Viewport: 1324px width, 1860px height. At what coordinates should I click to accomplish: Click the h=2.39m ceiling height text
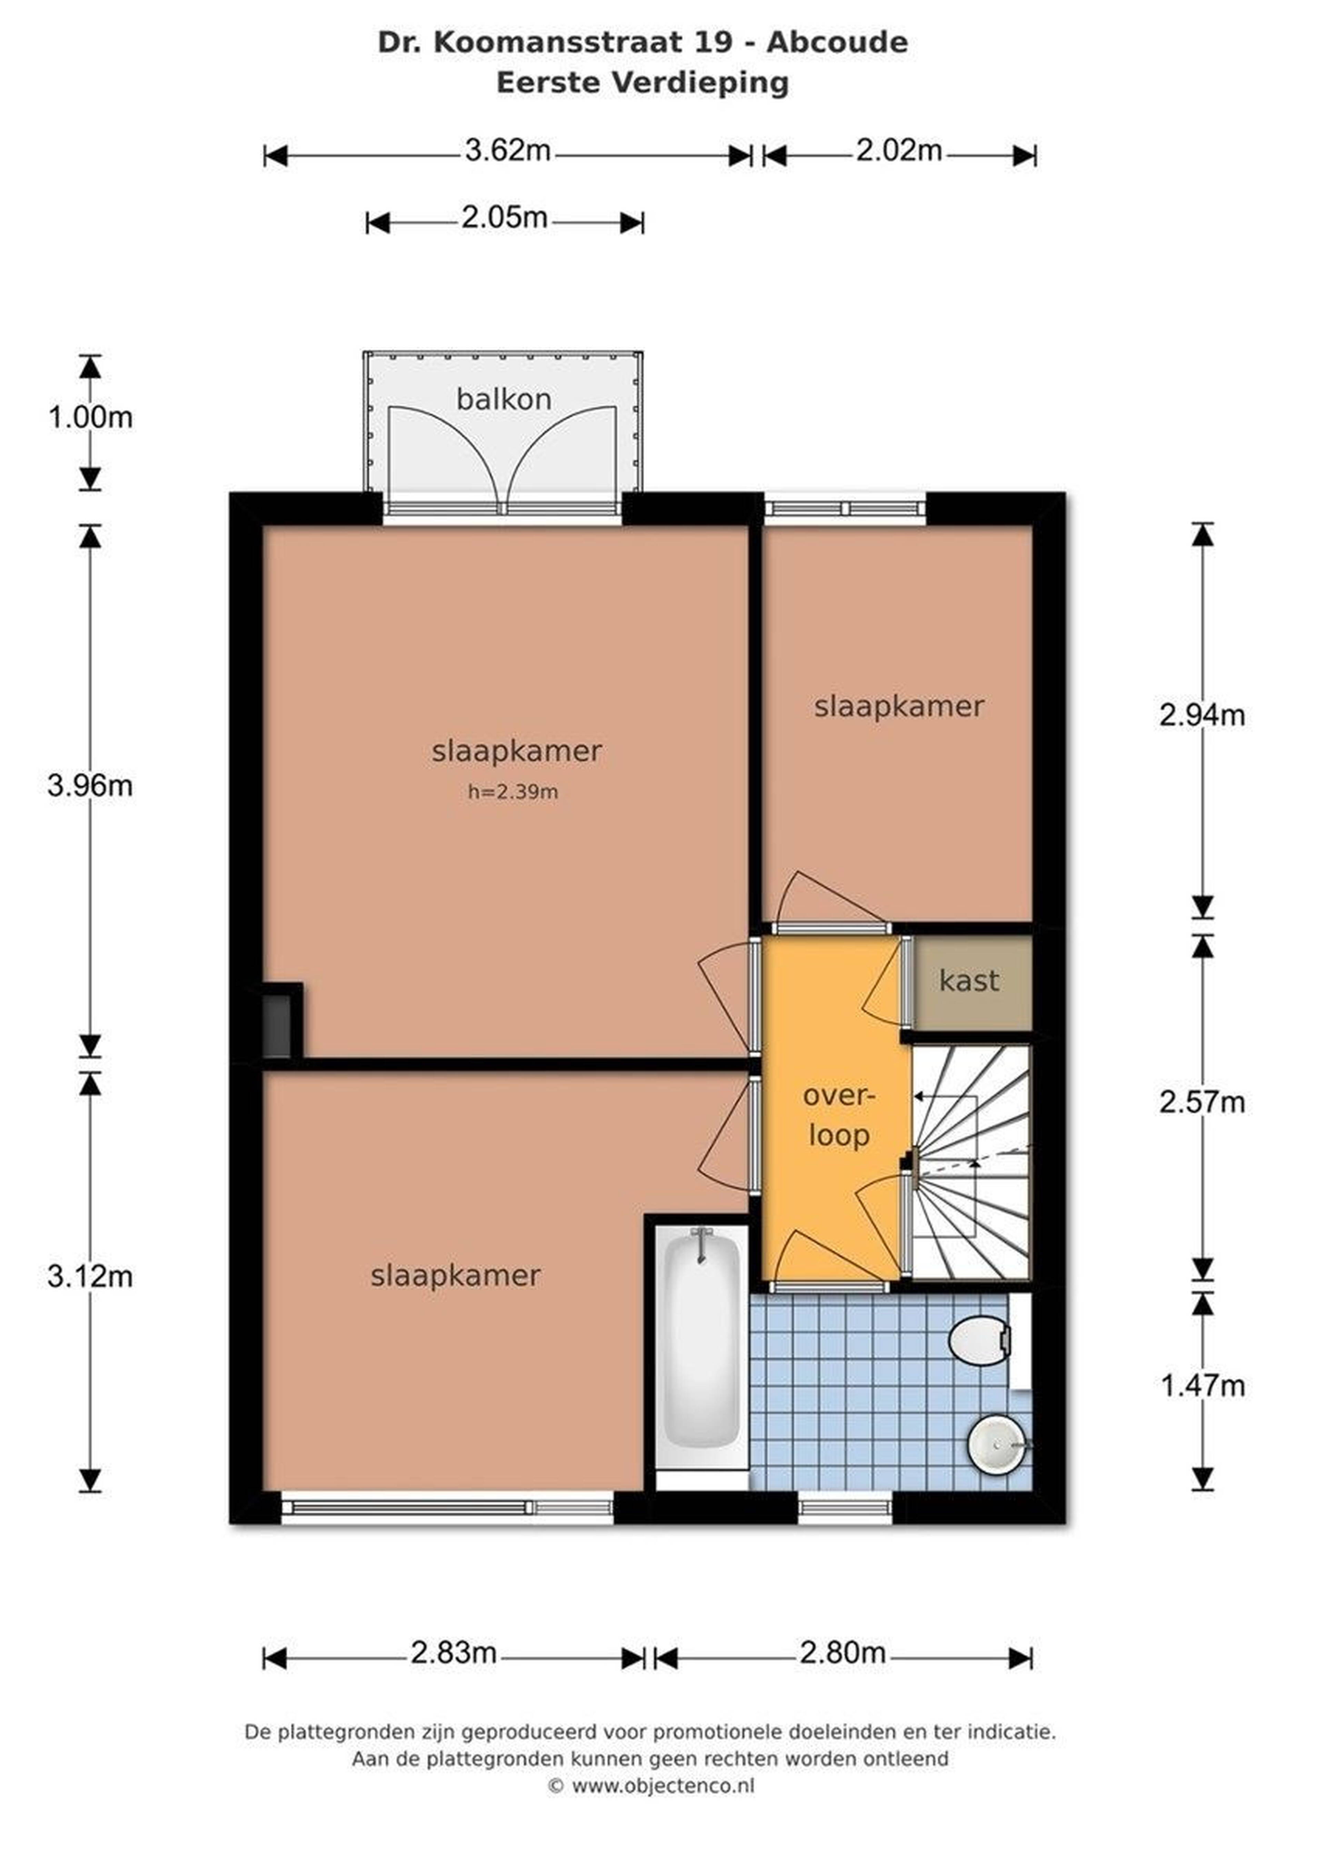tap(513, 792)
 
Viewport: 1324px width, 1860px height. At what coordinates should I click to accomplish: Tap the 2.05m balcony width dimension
tap(505, 219)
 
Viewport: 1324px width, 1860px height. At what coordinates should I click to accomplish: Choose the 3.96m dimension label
tap(90, 786)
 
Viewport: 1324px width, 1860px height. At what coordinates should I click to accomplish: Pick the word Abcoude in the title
tap(837, 42)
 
